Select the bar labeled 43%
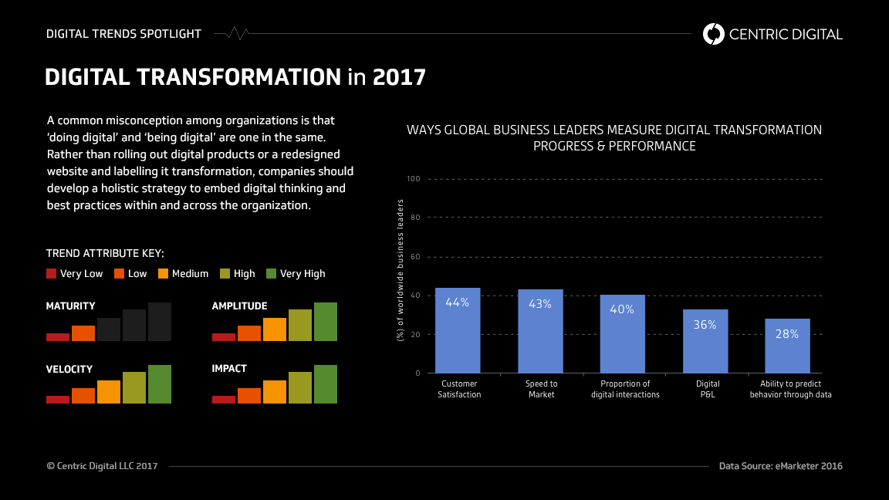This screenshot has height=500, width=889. [540, 331]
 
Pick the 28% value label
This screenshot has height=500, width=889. [787, 334]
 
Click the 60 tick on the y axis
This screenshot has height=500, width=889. [414, 257]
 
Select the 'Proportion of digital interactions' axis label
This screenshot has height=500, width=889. [625, 389]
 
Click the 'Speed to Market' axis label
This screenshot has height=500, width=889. [542, 389]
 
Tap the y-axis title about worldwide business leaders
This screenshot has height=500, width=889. [400, 270]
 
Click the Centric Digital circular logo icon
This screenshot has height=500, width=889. [714, 34]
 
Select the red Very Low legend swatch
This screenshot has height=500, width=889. [52, 273]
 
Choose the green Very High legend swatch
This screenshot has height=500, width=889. [271, 273]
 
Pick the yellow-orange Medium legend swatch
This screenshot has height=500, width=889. [164, 273]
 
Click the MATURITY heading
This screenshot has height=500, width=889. [71, 306]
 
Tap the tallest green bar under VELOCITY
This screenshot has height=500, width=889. [160, 383]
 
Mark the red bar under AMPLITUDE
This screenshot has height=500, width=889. [224, 336]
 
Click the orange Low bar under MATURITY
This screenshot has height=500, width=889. [83, 333]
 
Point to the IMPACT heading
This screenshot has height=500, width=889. [229, 369]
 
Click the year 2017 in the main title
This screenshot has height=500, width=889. [399, 77]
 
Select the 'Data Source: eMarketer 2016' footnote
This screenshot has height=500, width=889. [780, 466]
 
